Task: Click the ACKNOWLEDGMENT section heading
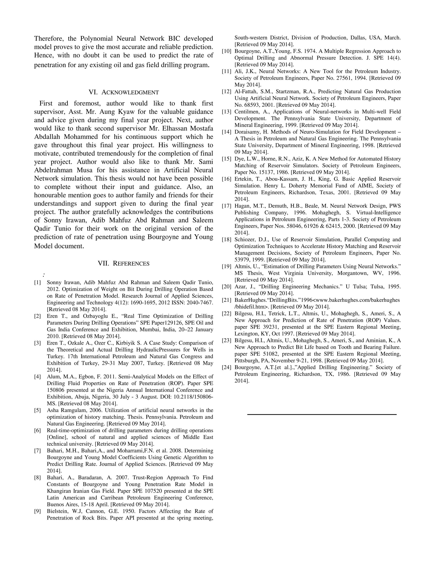click(x=124, y=92)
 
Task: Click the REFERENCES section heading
click(x=124, y=263)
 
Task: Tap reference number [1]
click(x=38, y=282)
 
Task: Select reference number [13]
click(x=226, y=112)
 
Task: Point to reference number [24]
click(x=226, y=367)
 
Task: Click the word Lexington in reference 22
click(x=246, y=334)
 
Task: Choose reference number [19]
click(x=226, y=266)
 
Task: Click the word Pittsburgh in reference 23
click(x=246, y=361)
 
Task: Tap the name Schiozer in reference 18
click(x=245, y=240)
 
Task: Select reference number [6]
click(x=38, y=431)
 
